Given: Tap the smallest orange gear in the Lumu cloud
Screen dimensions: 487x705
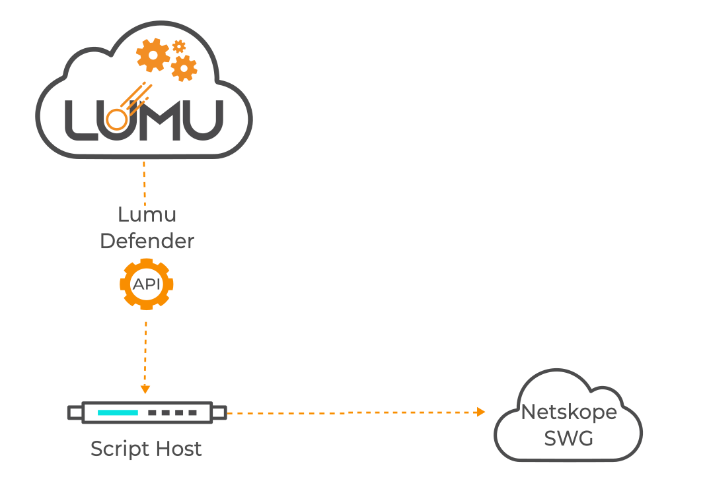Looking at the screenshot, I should click(x=178, y=46).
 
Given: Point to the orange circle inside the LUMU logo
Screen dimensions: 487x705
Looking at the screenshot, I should click(x=117, y=119).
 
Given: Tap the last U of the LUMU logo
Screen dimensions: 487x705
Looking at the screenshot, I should click(x=202, y=120).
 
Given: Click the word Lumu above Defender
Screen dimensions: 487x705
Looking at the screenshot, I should click(x=147, y=214).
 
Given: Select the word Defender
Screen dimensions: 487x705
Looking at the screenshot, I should click(x=147, y=241).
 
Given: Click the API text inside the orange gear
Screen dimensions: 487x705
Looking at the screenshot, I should click(x=146, y=284).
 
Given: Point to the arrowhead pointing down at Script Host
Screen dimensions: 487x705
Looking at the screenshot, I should click(x=146, y=389).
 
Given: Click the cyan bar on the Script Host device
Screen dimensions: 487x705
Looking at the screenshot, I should click(x=118, y=412).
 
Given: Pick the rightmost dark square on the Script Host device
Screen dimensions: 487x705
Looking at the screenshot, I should click(x=192, y=412).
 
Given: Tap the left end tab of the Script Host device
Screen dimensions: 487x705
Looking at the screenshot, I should click(x=75, y=413).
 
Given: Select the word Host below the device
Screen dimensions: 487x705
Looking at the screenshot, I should click(x=176, y=449).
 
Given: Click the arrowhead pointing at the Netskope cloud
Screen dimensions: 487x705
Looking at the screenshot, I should click(x=480, y=412).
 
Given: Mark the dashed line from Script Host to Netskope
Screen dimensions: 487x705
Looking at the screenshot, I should click(x=350, y=413).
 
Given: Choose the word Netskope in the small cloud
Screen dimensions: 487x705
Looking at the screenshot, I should click(x=568, y=412).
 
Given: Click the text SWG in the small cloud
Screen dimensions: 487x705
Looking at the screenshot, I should click(x=568, y=438).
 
